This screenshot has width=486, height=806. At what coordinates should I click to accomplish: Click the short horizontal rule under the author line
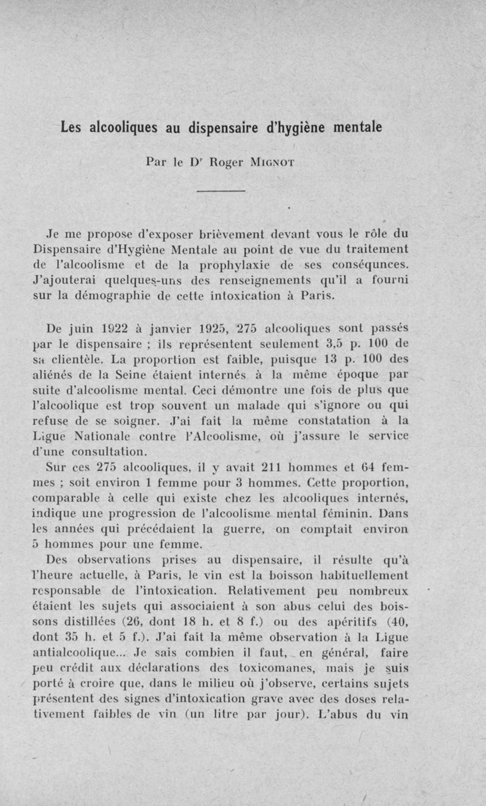(221, 191)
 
